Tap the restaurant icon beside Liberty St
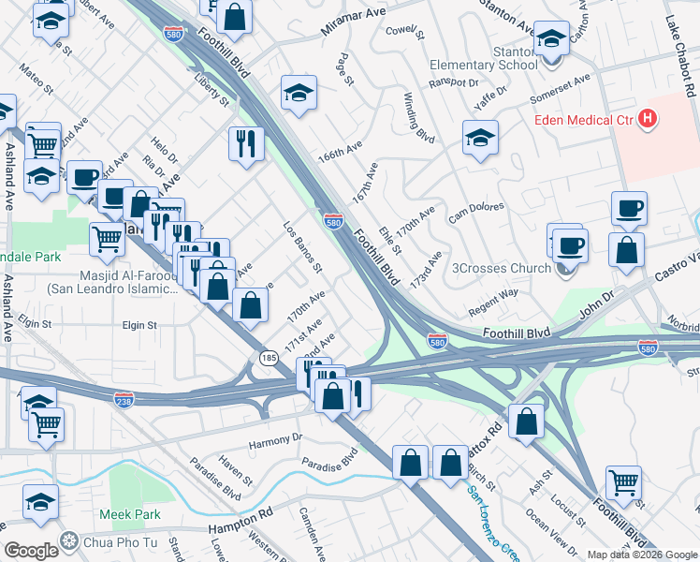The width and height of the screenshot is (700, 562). click(x=246, y=143)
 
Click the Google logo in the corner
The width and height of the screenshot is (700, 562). click(x=31, y=550)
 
